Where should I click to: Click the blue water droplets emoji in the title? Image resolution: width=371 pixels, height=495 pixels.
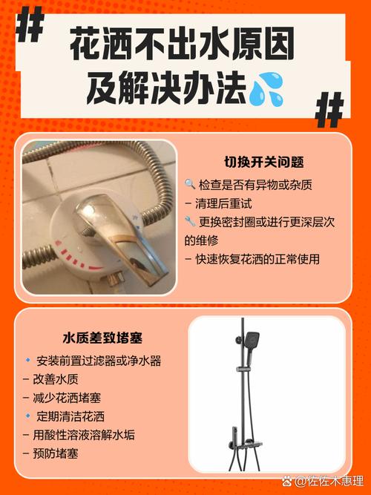coord(267,89)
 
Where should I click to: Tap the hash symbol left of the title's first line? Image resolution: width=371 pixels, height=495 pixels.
coord(30,24)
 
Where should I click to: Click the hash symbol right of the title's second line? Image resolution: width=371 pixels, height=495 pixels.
coord(329,110)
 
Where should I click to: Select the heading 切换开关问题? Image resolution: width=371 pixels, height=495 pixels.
coord(264,163)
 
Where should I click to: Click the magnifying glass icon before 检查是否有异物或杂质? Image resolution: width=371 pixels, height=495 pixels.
coord(190,184)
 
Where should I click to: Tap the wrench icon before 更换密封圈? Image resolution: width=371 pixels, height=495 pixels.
coord(190,221)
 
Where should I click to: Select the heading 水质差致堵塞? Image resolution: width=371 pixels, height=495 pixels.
coord(102,338)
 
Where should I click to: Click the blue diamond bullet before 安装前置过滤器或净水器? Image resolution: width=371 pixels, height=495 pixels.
coord(27,360)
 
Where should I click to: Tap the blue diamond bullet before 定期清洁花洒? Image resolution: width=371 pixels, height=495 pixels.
coord(27,416)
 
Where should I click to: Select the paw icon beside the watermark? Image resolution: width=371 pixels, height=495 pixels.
coord(287,482)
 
